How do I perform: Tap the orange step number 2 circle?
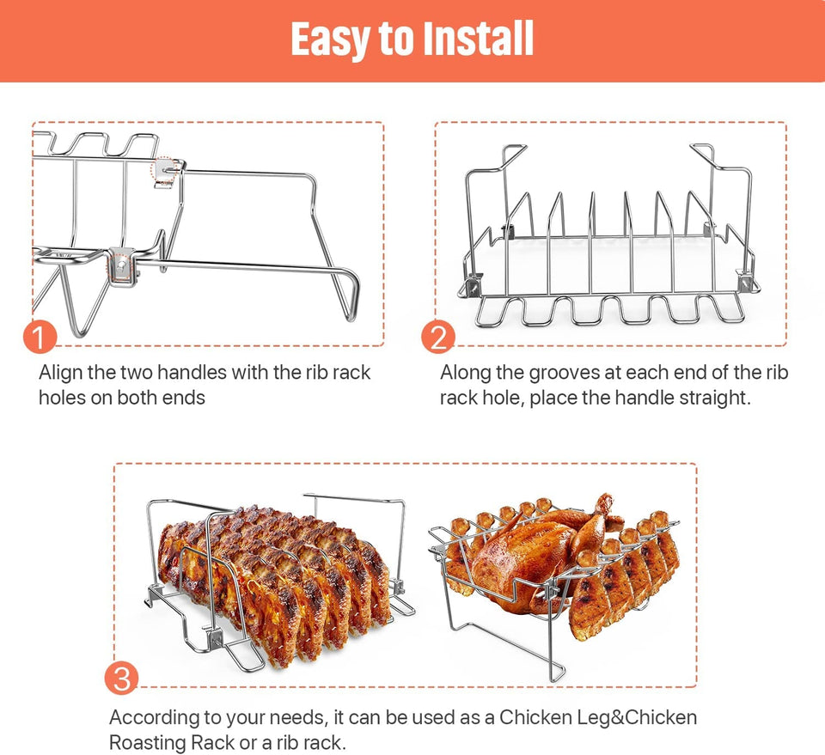[438, 338]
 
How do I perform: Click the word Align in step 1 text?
[61, 373]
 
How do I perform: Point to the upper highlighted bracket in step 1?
[166, 170]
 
